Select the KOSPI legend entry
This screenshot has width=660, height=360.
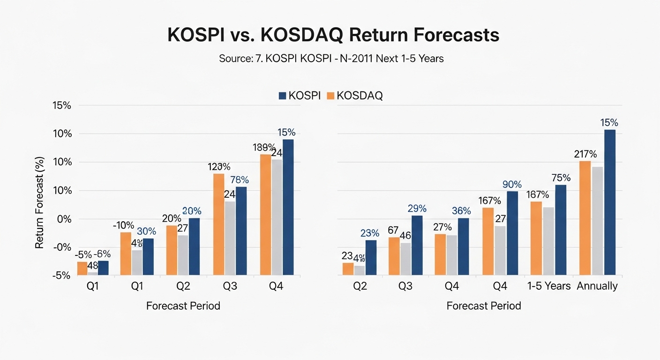point(300,96)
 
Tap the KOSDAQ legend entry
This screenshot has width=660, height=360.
point(354,96)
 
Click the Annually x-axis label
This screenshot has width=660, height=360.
point(598,285)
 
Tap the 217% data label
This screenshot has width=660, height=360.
point(585,154)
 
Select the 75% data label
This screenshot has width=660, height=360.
point(561,178)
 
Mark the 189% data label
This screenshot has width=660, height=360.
point(262,147)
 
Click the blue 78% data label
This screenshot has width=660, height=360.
point(239,180)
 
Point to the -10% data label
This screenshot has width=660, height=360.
point(124,225)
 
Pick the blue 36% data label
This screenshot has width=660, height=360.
point(463,211)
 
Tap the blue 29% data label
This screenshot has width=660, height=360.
point(417,208)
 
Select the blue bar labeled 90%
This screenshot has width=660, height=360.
point(512,233)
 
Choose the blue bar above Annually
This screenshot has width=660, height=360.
point(610,202)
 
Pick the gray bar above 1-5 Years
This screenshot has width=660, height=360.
point(548,241)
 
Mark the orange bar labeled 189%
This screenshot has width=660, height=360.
point(265,215)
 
